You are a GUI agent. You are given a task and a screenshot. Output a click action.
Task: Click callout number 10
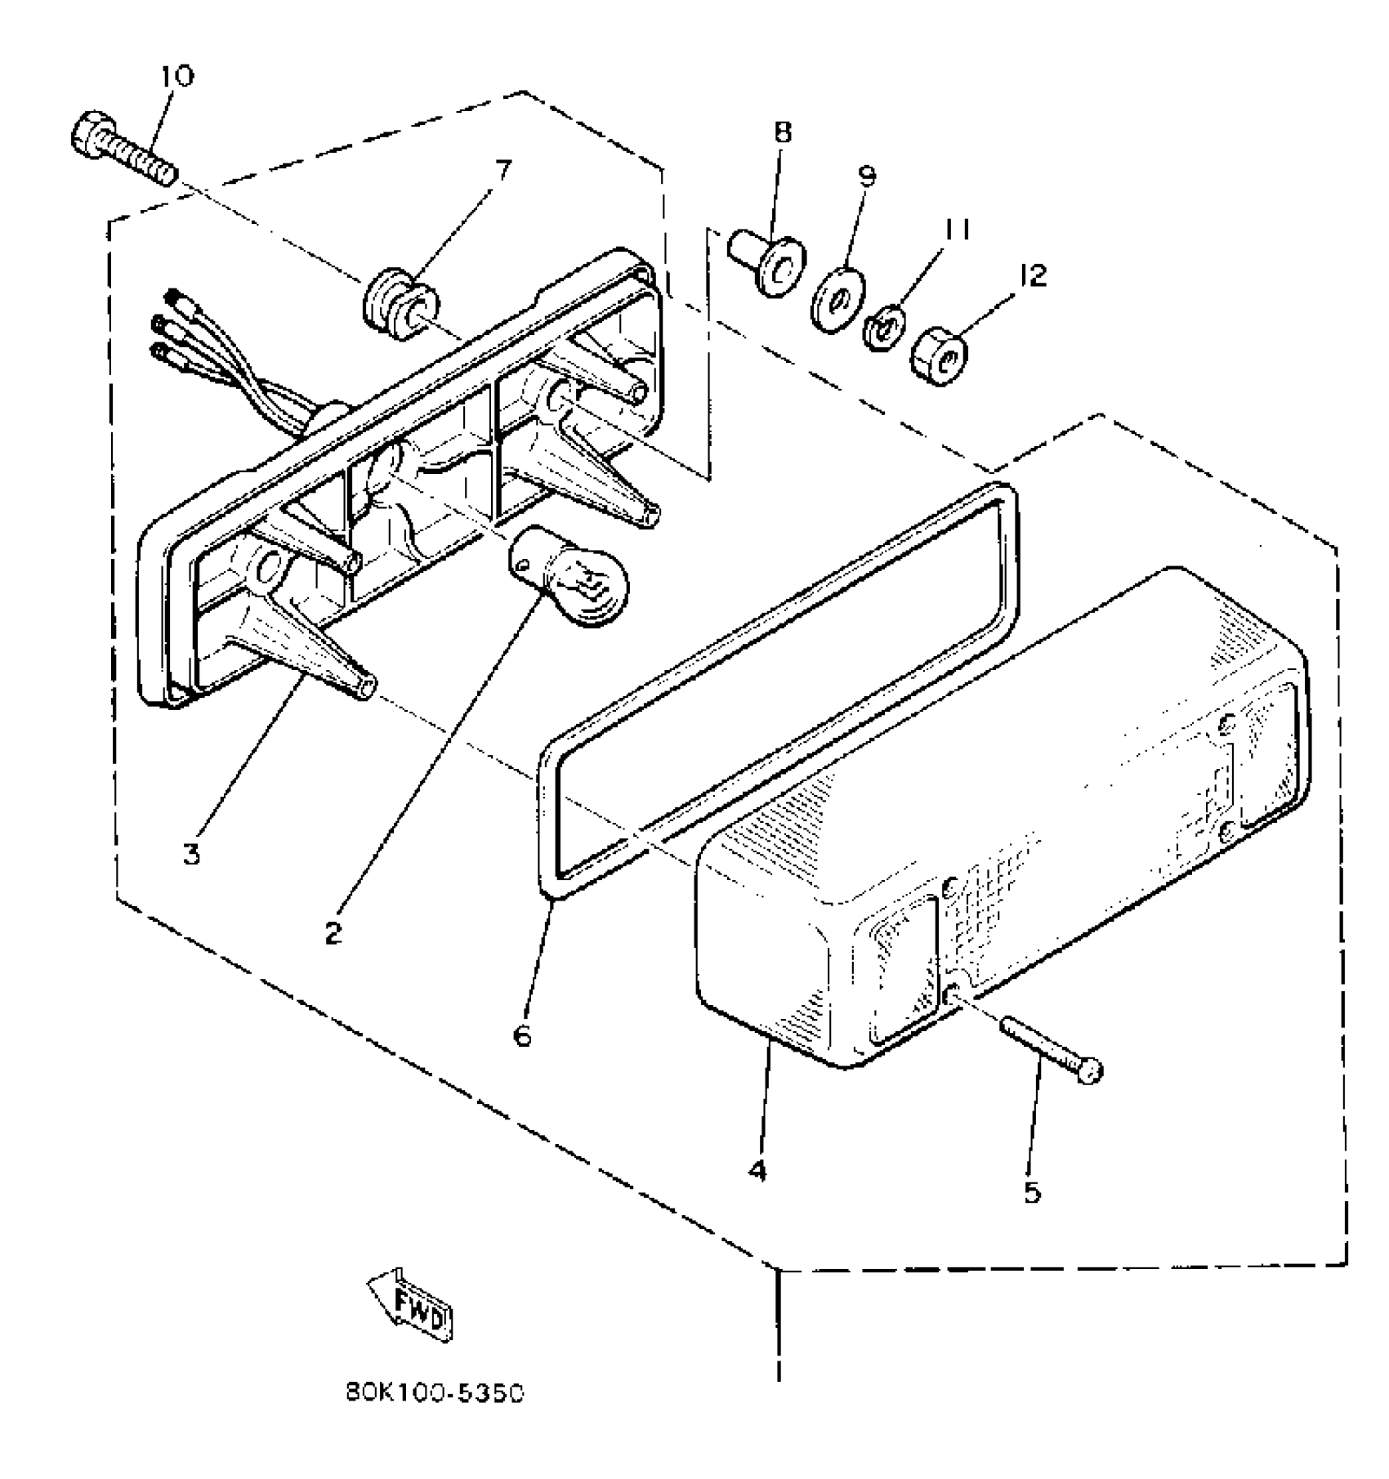click(x=177, y=76)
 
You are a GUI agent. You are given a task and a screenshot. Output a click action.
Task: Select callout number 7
click(x=502, y=170)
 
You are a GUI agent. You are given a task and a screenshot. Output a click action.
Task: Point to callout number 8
click(x=783, y=132)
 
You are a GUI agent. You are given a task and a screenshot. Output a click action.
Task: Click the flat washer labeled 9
click(x=834, y=302)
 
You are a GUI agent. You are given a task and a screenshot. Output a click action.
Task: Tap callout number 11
click(x=957, y=230)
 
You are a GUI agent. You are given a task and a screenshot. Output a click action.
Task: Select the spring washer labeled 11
click(x=883, y=328)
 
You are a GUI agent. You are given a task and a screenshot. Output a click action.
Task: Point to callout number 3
click(x=191, y=855)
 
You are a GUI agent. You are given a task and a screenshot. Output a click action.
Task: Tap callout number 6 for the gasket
click(x=522, y=1034)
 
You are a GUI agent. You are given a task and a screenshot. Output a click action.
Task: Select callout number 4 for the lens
click(x=757, y=1171)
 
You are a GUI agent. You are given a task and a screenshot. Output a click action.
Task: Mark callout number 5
click(x=1033, y=1192)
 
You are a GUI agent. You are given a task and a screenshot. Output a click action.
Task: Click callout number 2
click(x=333, y=932)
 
